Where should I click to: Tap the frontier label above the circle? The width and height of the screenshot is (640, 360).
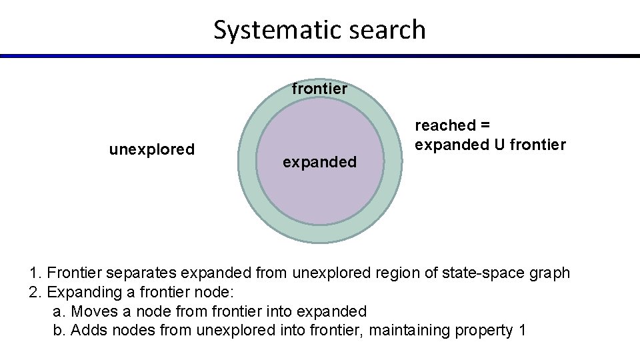[x=320, y=88]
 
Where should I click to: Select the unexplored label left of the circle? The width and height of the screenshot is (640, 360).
[x=151, y=149]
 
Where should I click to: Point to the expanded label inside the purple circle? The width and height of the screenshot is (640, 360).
[x=320, y=162]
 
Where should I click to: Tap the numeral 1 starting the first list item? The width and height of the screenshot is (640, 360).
[x=33, y=273]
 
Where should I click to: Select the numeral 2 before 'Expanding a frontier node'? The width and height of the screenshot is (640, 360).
[x=33, y=292]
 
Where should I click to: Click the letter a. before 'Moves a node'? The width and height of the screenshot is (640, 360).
[x=58, y=311]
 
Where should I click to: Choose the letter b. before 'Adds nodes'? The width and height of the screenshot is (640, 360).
[x=58, y=330]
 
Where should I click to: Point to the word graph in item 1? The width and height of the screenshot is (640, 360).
[x=548, y=273]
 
